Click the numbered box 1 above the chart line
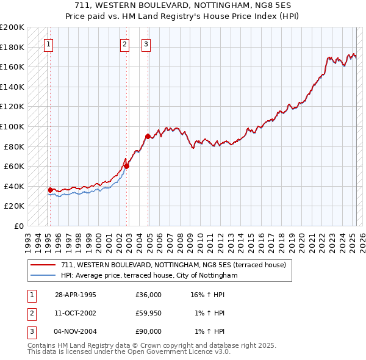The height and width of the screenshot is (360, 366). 48,44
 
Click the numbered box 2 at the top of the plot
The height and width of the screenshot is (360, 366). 124,44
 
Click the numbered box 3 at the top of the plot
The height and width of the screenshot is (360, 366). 146,44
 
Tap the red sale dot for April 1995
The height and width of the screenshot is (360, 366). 50,190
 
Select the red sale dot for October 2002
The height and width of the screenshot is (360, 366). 127,166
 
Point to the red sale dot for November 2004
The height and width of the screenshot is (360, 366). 148,136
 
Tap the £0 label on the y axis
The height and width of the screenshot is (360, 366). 18,226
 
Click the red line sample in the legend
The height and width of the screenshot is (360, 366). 43,264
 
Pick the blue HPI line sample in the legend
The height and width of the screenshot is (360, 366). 43,275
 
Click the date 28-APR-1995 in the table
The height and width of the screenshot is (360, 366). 76,295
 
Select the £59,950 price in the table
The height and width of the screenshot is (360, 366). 149,313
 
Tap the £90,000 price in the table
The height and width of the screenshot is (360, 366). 149,331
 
